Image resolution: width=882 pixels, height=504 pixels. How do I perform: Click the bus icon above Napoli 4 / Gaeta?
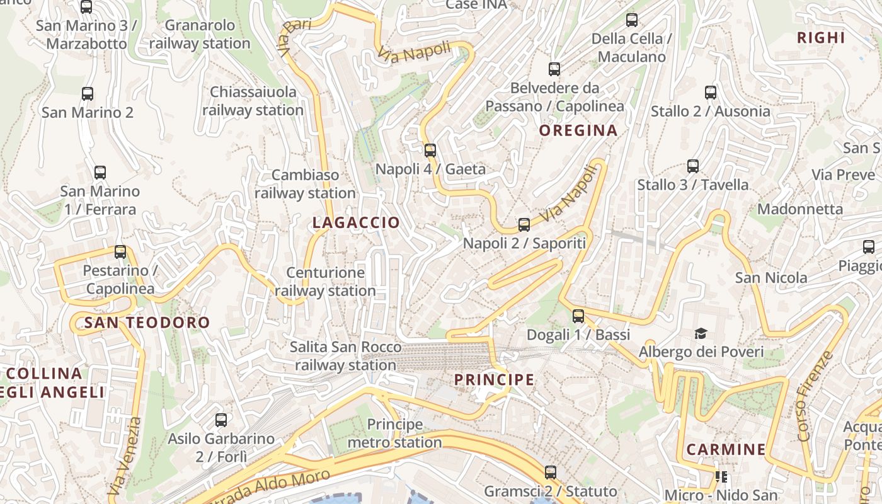coord(430,150)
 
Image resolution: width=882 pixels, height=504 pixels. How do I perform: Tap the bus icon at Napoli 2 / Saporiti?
coord(524,225)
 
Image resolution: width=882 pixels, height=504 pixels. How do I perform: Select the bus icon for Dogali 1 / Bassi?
coord(578,316)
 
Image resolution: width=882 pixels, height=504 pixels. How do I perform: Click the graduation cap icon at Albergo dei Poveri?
coord(701,333)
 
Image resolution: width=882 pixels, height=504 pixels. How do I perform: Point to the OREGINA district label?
coord(578,130)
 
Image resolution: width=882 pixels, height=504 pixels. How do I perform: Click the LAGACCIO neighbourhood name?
coord(356,222)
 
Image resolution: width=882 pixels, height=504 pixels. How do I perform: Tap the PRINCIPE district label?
coord(495,380)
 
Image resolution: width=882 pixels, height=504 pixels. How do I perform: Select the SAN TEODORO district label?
coord(147,323)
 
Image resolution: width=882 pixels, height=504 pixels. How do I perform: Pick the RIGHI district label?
coord(821,38)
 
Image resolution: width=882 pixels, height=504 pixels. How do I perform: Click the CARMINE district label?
coord(726,449)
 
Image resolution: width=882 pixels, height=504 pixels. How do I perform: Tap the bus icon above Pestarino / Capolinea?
coord(120,252)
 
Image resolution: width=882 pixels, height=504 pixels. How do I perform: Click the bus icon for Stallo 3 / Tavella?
coord(693,166)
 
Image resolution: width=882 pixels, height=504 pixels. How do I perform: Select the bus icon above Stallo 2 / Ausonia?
coord(711,93)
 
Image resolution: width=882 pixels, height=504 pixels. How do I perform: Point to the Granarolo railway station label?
coord(200,35)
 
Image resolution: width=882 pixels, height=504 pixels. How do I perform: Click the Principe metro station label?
coord(395,433)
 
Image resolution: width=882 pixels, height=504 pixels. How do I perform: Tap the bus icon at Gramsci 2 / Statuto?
coord(551,472)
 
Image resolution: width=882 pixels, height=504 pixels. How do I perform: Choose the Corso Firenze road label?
coord(815,396)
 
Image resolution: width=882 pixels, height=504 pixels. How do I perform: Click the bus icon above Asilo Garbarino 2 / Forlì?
coord(221,420)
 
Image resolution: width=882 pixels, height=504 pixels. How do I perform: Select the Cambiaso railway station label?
coord(306,184)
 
